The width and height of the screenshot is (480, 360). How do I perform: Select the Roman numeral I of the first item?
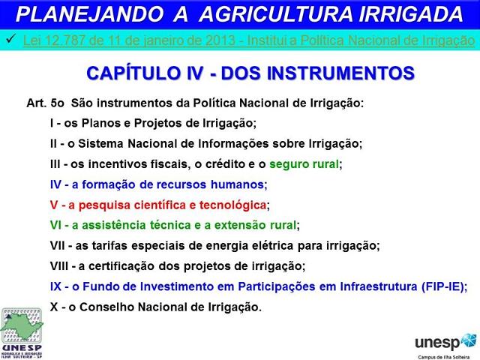[52, 123]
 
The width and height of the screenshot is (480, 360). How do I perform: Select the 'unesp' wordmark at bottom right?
[438, 342]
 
